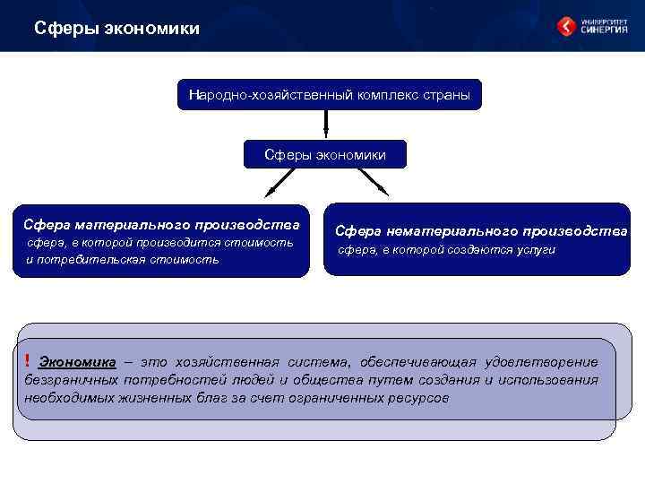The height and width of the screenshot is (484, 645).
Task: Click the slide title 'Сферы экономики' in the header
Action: (x=116, y=30)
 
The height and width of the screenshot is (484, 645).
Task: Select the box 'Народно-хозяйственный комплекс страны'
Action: (x=329, y=94)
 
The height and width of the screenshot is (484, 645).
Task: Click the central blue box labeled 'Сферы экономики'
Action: (x=325, y=155)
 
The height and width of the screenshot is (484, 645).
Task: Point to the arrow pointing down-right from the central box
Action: (x=373, y=182)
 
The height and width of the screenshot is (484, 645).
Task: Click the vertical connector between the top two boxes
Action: (x=326, y=125)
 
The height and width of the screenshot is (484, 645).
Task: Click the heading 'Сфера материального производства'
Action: (x=162, y=223)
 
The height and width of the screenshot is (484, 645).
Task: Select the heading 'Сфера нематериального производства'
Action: (x=482, y=230)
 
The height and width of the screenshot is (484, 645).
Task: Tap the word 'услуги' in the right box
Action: (x=536, y=250)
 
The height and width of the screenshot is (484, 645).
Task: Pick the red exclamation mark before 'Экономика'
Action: (x=28, y=360)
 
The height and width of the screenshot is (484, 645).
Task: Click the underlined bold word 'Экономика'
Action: (x=78, y=362)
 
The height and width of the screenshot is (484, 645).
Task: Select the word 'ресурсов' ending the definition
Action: (x=420, y=397)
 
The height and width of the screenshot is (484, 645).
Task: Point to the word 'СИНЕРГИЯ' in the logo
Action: (x=605, y=30)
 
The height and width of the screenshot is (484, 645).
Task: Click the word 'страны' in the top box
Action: (x=448, y=94)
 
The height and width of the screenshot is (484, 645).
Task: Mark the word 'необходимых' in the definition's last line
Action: (x=62, y=397)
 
